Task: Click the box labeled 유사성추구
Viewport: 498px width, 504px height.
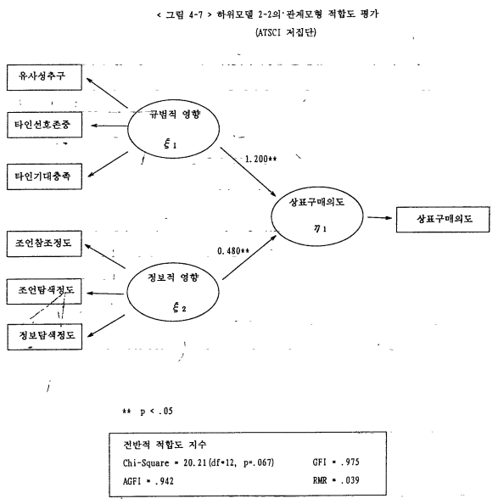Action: pos(44,77)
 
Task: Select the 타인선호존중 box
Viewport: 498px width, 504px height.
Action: pos(44,125)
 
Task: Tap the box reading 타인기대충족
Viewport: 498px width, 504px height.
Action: pos(44,176)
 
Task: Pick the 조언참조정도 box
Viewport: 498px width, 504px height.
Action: pos(44,244)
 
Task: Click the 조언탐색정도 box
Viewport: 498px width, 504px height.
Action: pos(44,292)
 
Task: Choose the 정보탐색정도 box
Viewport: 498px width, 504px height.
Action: pos(45,337)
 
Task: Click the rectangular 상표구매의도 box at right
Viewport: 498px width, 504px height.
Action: pos(443,220)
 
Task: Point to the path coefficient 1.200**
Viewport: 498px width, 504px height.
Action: pos(260,160)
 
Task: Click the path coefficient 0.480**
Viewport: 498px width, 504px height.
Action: pos(233,250)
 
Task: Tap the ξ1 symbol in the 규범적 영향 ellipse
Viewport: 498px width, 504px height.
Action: pos(170,143)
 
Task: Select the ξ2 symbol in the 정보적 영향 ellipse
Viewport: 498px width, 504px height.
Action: pos(179,308)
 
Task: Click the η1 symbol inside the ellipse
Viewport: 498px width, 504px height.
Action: pos(320,228)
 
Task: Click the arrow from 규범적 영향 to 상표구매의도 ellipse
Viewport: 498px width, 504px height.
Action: pos(248,172)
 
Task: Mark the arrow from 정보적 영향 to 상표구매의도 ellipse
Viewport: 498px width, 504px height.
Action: pos(249,257)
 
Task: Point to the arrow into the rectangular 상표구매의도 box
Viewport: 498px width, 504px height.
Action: pos(380,218)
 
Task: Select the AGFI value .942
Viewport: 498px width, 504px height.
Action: pos(165,481)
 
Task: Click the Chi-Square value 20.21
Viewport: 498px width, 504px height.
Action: pos(194,463)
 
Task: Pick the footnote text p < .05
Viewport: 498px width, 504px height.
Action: pos(156,412)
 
